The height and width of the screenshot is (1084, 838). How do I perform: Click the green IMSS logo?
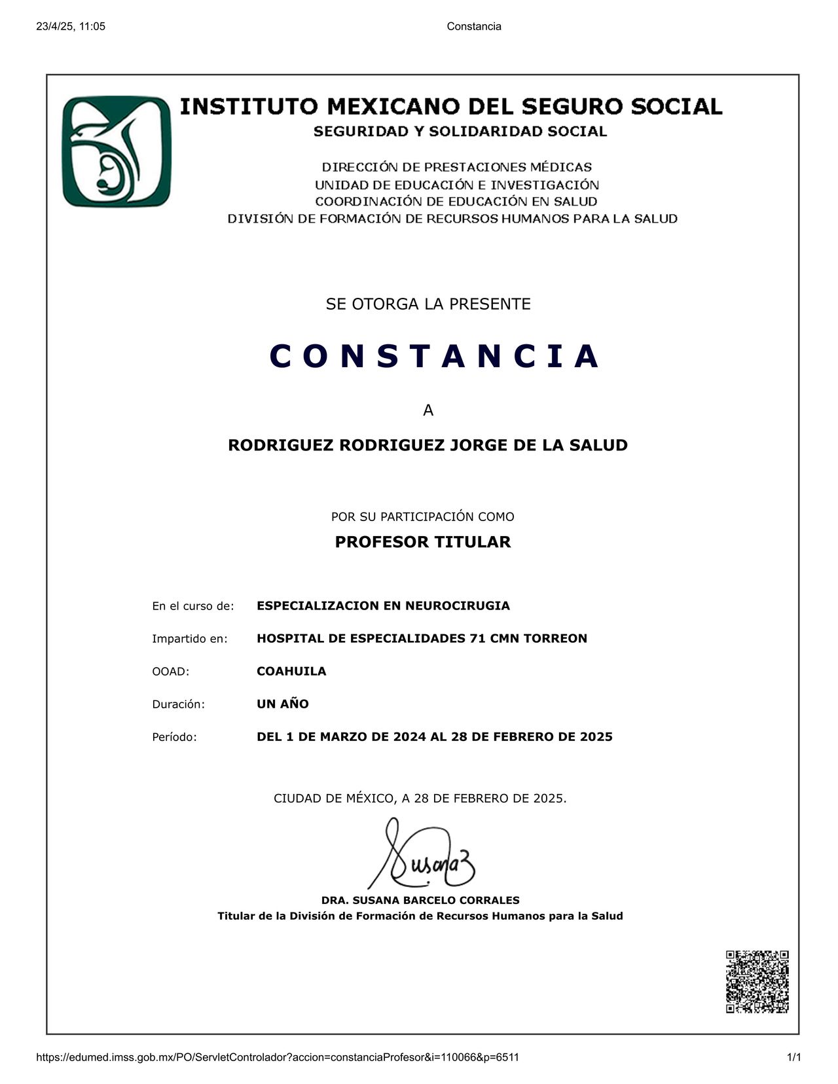coord(117,152)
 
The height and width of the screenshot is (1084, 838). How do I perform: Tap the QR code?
coord(757,981)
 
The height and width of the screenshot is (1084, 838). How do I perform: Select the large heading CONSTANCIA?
coord(435,356)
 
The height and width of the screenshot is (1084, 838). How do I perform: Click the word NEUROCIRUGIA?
coord(458,605)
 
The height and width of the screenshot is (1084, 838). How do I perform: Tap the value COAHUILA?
coord(291,671)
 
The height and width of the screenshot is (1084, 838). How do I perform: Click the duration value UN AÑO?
coord(283,704)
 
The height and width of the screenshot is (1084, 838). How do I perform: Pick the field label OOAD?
coord(170,672)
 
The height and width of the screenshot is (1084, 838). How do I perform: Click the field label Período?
coord(174,737)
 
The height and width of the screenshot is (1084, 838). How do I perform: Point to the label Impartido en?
coord(190,639)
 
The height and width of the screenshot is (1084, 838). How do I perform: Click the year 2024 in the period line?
coord(410,736)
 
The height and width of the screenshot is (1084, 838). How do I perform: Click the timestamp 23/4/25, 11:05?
coord(71,26)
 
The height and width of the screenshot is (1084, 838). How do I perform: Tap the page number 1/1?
coord(794,1057)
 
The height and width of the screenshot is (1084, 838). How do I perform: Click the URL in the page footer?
coord(278,1057)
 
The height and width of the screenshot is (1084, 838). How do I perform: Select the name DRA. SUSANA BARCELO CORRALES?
coord(420,900)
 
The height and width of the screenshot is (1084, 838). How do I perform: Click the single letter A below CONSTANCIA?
coord(428,410)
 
